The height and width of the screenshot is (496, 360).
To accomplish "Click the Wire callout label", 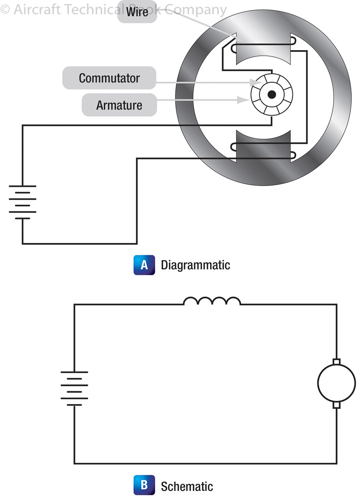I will (137, 11).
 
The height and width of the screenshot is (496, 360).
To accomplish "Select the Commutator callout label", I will (109, 78).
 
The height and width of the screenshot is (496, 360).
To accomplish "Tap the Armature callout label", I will (119, 105).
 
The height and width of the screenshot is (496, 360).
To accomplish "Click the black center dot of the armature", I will (272, 95).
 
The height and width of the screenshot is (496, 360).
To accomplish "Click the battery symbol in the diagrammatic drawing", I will (22, 202).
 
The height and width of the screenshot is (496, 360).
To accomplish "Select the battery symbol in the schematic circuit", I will (74, 388).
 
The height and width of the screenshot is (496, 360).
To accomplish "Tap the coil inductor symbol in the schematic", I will (212, 301).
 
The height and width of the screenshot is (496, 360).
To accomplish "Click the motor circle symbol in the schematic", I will (337, 383).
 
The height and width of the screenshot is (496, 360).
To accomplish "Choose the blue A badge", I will (144, 265).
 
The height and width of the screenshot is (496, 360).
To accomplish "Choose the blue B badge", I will (144, 485).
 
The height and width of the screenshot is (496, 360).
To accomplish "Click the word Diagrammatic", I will (195, 265).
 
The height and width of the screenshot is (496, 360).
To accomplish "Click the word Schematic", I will (187, 486).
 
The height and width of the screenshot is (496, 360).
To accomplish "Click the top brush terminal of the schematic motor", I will (337, 362).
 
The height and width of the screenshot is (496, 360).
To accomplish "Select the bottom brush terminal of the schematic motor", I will (337, 404).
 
